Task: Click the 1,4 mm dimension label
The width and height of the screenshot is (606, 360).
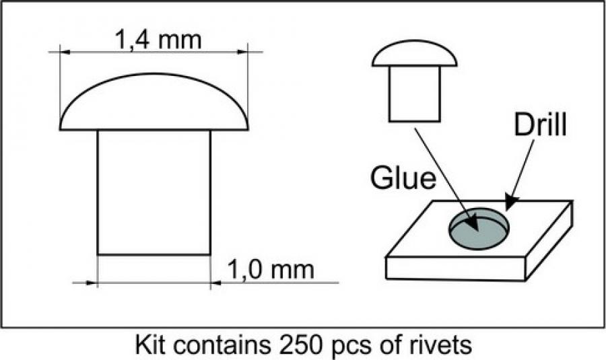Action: pos(159,40)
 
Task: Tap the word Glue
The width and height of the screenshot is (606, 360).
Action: pos(403,180)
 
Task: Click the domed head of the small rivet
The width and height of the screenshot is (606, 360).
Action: pos(414,55)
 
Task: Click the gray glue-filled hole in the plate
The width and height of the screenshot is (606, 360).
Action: pos(479,229)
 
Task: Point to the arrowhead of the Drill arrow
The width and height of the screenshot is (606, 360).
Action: pos(510,201)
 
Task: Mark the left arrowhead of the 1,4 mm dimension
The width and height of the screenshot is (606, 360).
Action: pos(64,51)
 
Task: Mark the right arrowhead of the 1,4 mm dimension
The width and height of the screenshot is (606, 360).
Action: pos(244,51)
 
